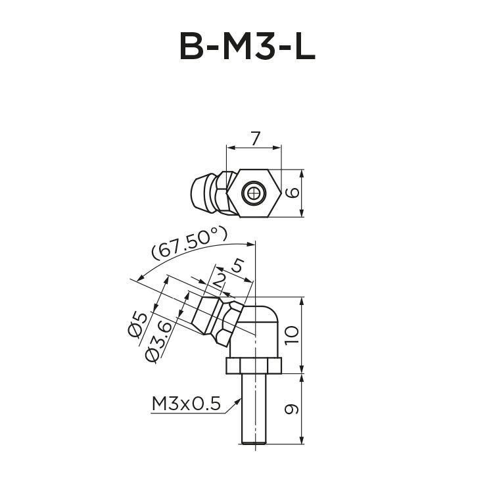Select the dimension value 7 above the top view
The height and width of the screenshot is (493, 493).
pos(256,138)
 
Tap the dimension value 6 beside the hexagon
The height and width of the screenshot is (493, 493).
pos(293,193)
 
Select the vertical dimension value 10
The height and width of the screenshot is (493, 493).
pos(293,336)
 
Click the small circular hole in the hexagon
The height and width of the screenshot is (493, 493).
pos(254,193)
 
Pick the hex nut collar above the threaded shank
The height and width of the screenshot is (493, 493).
pos(254,365)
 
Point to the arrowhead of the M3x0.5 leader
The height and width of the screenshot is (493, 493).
pos(241,400)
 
